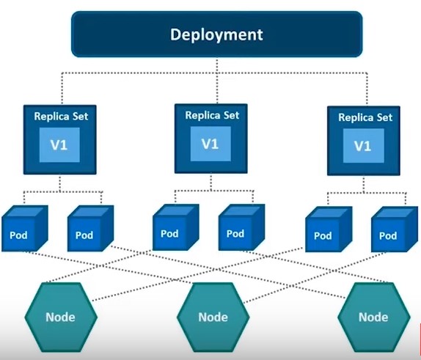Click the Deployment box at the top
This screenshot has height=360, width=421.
[216, 34]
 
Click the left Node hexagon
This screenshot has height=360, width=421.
[60, 317]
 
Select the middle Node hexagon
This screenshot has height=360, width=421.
[213, 317]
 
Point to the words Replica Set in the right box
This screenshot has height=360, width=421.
[364, 117]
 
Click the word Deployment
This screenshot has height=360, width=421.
[216, 34]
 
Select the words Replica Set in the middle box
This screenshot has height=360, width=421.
[211, 115]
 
